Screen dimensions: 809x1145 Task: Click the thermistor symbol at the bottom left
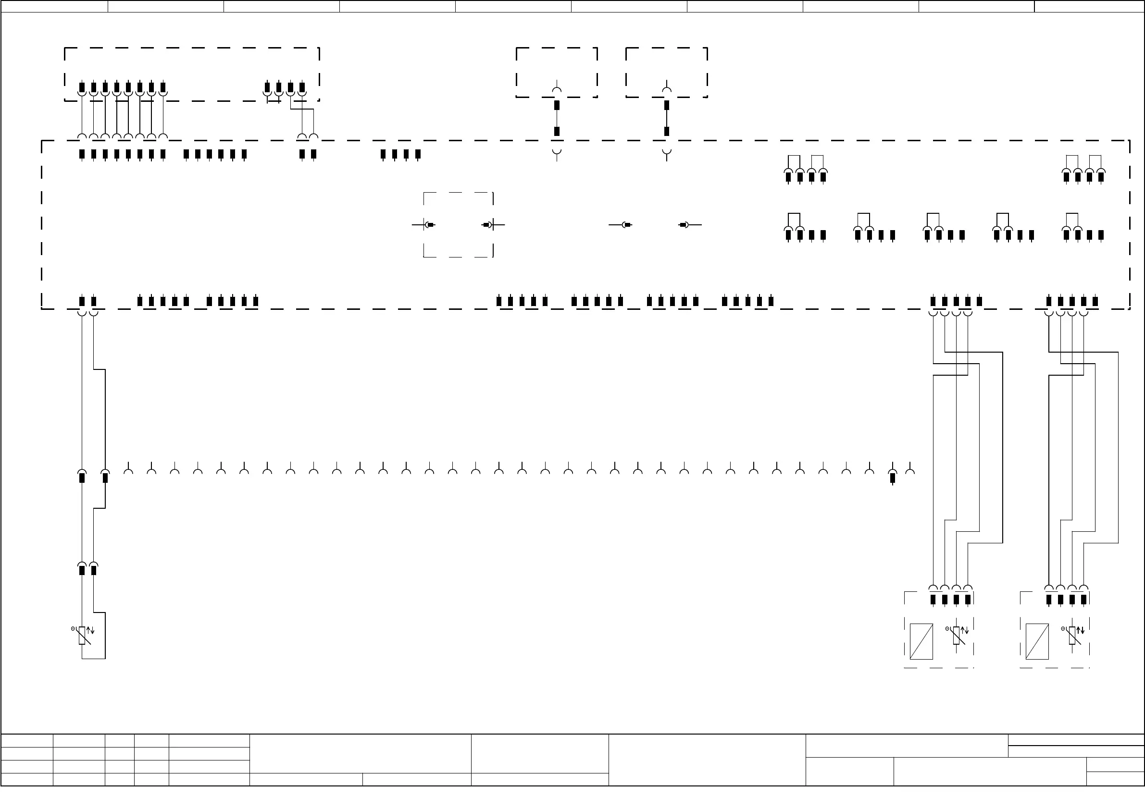click(82, 636)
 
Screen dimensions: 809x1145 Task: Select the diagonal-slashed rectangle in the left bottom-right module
click(921, 641)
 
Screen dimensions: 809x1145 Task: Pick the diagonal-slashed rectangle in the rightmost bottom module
click(1037, 641)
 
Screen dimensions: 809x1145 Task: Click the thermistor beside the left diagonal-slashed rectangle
click(956, 636)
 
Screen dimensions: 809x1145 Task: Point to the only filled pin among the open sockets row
click(893, 478)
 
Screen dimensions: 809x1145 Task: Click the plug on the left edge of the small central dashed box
click(429, 225)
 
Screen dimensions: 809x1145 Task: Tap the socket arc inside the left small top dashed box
click(557, 90)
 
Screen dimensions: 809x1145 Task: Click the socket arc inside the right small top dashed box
click(667, 90)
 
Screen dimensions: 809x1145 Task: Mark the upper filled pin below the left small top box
click(557, 105)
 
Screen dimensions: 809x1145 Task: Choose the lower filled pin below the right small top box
click(667, 131)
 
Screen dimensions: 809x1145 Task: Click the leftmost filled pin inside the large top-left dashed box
click(82, 88)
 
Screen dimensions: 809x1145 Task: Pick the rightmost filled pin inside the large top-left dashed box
click(302, 88)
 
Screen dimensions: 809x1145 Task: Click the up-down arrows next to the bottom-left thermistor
click(90, 631)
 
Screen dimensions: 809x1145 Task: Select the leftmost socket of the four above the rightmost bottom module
click(1049, 588)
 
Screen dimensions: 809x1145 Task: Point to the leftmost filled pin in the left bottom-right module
click(933, 599)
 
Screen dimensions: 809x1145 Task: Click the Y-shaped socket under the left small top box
click(557, 153)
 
